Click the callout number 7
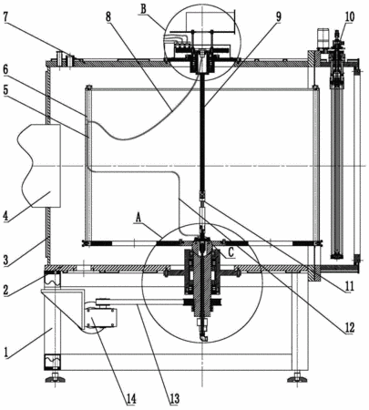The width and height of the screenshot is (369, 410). click(x=6, y=17)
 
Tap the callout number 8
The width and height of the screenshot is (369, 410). click(x=108, y=16)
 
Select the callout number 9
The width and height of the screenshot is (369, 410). click(x=278, y=17)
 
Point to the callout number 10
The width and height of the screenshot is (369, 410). click(x=349, y=16)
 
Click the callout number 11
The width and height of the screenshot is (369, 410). click(x=349, y=286)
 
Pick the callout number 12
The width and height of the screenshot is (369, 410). click(x=349, y=327)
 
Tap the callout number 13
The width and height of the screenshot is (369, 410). click(x=174, y=398)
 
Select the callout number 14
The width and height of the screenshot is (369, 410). click(x=130, y=399)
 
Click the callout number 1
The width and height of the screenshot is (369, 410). click(x=5, y=353)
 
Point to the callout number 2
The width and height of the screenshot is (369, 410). click(x=5, y=289)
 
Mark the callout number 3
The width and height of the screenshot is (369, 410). click(x=5, y=261)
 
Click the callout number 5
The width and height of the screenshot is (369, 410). click(x=5, y=91)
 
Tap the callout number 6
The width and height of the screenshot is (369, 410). click(x=5, y=70)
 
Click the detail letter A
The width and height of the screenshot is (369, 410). click(x=138, y=217)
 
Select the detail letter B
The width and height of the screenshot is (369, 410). click(x=143, y=9)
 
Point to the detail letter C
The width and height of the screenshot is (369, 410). click(x=231, y=253)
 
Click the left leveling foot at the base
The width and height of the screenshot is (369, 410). click(x=55, y=378)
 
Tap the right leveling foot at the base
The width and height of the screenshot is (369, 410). click(x=297, y=378)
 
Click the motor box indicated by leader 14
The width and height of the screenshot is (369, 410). click(x=101, y=317)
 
